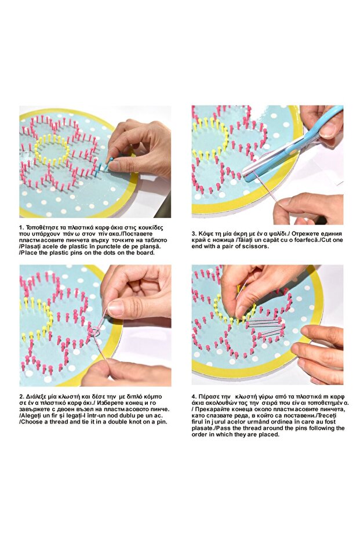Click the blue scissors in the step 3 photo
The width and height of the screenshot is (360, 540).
293,144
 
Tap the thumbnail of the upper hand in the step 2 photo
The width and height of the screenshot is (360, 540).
117,308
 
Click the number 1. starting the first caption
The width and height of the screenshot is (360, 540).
21,227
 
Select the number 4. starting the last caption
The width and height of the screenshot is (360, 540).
194,397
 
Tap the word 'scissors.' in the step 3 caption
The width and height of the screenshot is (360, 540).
256,247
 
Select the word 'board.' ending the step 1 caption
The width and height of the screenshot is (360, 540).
146,253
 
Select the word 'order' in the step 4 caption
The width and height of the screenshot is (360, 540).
199,435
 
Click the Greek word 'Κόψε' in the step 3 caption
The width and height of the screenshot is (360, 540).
205,234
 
